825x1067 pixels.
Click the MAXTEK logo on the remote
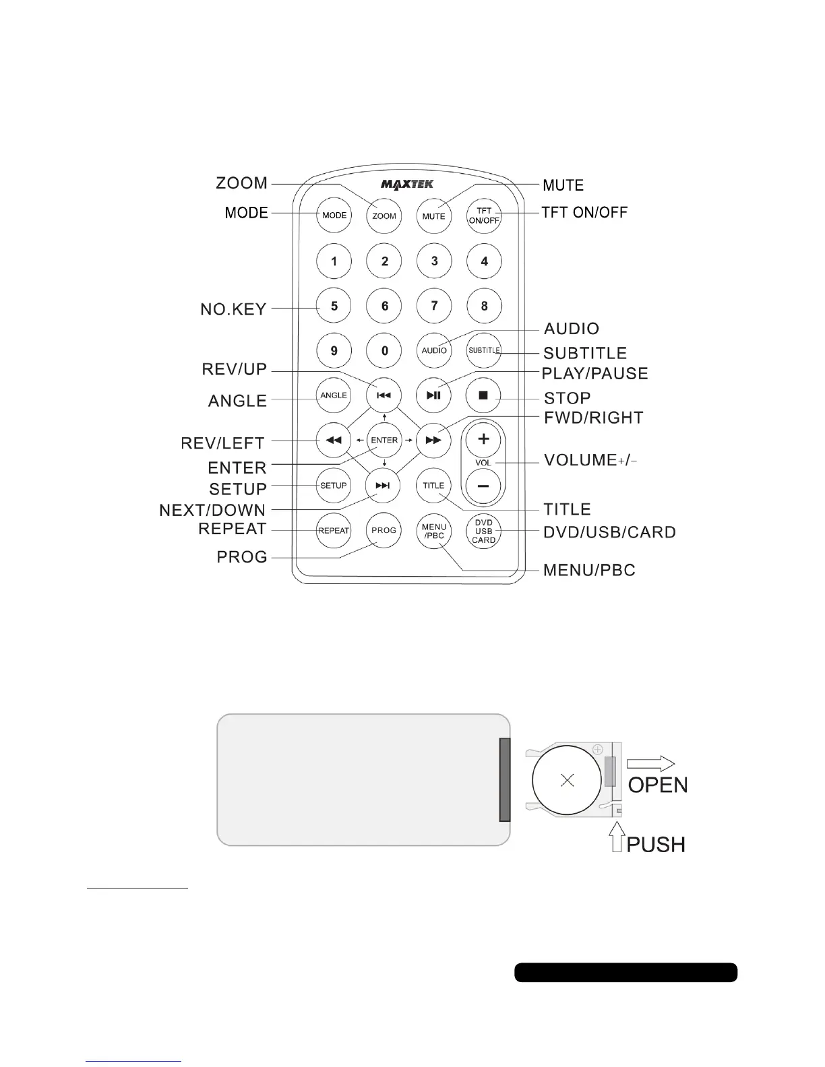pos(406,185)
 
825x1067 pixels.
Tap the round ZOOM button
pos(384,216)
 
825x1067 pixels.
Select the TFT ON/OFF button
pos(484,216)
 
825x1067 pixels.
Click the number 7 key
pos(434,306)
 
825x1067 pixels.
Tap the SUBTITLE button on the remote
pos(484,350)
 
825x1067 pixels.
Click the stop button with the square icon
pos(483,395)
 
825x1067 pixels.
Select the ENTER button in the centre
pos(384,440)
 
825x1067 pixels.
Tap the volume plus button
pos(483,439)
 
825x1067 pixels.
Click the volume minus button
pos(483,485)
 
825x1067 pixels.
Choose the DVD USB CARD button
pos(484,531)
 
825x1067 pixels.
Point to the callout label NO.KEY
pos(233,309)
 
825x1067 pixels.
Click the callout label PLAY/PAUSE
pos(595,374)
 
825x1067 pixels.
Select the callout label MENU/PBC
pos(590,571)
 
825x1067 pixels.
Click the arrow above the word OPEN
pos(650,763)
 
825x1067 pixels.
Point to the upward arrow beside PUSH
pos(617,839)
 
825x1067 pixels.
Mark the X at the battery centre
pos(568,780)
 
